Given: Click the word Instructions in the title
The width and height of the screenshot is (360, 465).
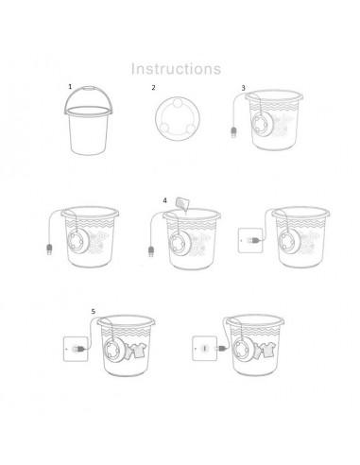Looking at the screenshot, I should point(176,68).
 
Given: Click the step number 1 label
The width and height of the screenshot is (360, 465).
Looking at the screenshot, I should point(69,86).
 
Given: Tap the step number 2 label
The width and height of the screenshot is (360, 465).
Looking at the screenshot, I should point(154,88).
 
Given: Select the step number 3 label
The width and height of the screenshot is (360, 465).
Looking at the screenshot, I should point(243,88).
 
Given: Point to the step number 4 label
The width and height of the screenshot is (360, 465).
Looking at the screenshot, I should point(165,200).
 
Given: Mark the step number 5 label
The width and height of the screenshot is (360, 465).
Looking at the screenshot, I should point(93,311).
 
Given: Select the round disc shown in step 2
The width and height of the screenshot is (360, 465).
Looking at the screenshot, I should point(176,120).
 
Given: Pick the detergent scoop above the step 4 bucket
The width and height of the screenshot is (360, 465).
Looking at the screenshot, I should point(181,204).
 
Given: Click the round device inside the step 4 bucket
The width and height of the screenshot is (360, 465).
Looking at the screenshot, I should point(179,238).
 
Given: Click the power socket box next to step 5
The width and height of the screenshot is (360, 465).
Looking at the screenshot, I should point(75,350).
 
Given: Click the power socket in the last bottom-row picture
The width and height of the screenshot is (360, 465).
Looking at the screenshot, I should point(203,350).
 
